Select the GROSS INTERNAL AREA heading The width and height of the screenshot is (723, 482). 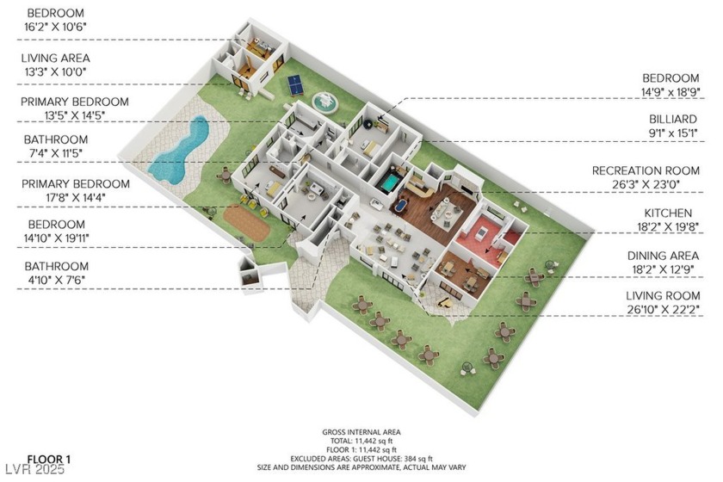pos(361,431)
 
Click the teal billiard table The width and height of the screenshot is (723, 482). pos(391,182)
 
